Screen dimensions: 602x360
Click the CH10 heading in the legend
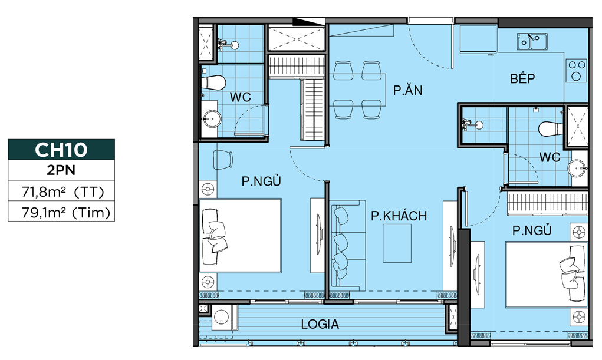pyautogui.click(x=61, y=149)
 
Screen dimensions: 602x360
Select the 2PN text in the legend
pyautogui.click(x=61, y=170)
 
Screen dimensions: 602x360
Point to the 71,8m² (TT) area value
pyautogui.click(x=62, y=191)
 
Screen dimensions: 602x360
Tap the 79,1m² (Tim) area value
pyautogui.click(x=65, y=212)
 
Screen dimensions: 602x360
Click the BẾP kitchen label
pyautogui.click(x=522, y=78)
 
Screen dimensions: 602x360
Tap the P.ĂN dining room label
pyautogui.click(x=408, y=90)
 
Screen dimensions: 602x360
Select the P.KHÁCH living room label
pyautogui.click(x=399, y=216)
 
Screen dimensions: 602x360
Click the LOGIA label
pyautogui.click(x=320, y=324)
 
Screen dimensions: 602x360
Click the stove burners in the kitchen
pyautogui.click(x=576, y=70)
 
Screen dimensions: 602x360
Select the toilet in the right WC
pyautogui.click(x=551, y=129)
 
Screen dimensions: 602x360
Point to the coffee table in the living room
pyautogui.click(x=397, y=243)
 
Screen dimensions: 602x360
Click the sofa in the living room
pyautogui.click(x=348, y=246)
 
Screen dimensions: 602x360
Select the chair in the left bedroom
pyautogui.click(x=223, y=159)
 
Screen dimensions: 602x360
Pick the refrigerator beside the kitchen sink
pyautogui.click(x=478, y=39)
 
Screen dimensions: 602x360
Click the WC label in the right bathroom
pyautogui.click(x=550, y=157)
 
